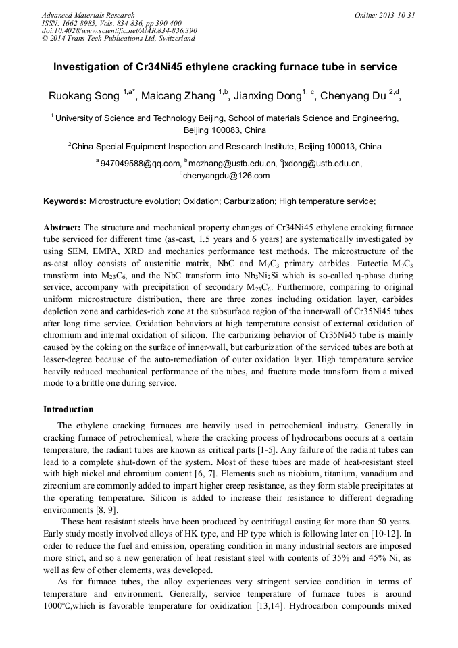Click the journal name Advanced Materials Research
tap(88, 15)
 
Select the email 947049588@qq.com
tap(141, 163)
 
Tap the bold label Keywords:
tap(65, 201)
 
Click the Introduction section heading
tap(68, 409)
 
